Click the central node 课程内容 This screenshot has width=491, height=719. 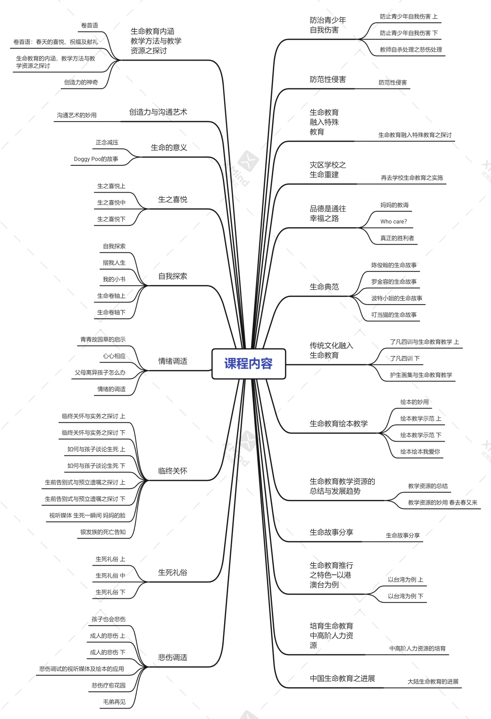249,363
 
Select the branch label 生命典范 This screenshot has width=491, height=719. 324,287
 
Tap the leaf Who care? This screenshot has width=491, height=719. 393,222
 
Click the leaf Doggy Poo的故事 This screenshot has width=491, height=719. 96,159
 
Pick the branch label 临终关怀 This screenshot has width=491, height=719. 172,471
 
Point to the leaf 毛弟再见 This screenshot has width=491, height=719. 114,702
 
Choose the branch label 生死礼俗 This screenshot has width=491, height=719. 172,572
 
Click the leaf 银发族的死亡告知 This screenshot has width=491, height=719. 103,532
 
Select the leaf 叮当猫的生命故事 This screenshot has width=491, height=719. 394,315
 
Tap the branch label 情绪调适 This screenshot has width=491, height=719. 172,361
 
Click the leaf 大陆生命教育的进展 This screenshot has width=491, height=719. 433,682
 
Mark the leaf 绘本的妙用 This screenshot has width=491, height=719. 414,402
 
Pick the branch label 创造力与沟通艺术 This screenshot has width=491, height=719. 158,112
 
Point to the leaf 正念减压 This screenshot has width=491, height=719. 107,143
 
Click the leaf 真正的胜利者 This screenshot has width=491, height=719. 397,238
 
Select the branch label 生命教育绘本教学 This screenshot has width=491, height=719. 339,423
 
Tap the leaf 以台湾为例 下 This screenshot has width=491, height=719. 405,596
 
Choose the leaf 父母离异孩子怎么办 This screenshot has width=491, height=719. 100,372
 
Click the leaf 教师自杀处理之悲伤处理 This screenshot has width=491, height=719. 411,50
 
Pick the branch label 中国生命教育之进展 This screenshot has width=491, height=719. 342,678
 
